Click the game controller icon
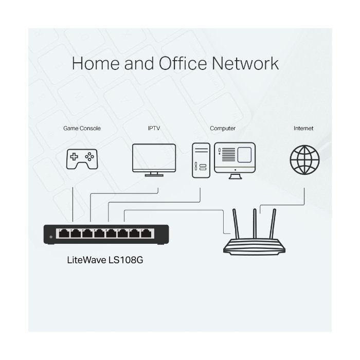click(82, 159)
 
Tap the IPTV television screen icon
click(154, 160)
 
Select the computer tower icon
click(201, 160)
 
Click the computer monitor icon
click(235, 160)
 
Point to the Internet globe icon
click(304, 160)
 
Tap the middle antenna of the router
click(255, 224)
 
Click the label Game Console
click(82, 129)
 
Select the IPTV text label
click(154, 128)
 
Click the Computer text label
click(223, 129)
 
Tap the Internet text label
click(303, 128)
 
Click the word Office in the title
click(183, 63)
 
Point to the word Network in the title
click(245, 63)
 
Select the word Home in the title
click(96, 63)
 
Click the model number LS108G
click(126, 260)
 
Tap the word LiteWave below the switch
click(86, 260)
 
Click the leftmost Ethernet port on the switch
click(64, 233)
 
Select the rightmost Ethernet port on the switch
click(146, 233)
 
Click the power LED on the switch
click(51, 237)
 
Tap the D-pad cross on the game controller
click(74, 156)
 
